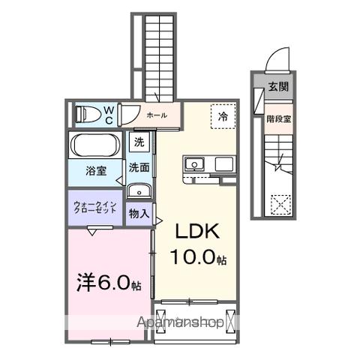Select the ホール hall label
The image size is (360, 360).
[x=157, y=115]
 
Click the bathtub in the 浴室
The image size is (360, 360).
[x=96, y=144]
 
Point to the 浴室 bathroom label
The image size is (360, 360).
[x=95, y=171]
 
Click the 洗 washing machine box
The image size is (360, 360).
[x=139, y=141]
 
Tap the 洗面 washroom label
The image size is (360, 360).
[x=139, y=167]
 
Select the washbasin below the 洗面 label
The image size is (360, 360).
[x=139, y=190]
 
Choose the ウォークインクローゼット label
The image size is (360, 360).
[x=95, y=208]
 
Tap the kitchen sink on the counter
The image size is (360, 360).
[x=193, y=163]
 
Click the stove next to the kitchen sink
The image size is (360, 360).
[x=224, y=163]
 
